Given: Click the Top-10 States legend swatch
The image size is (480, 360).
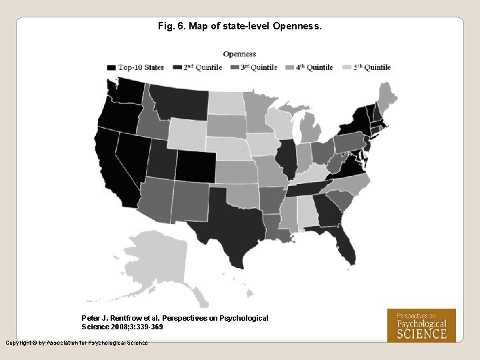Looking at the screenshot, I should (111, 67).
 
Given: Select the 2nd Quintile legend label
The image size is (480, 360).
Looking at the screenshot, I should (203, 67).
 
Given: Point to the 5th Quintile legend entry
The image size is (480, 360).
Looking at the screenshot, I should (371, 67).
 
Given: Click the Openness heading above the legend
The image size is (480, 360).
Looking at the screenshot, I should (239, 54).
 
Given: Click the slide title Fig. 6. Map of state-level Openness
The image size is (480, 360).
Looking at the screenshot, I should (239, 27).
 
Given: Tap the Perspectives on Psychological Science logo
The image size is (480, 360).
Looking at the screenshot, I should (421, 325).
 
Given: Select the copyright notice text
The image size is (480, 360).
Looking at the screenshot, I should (77, 343).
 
